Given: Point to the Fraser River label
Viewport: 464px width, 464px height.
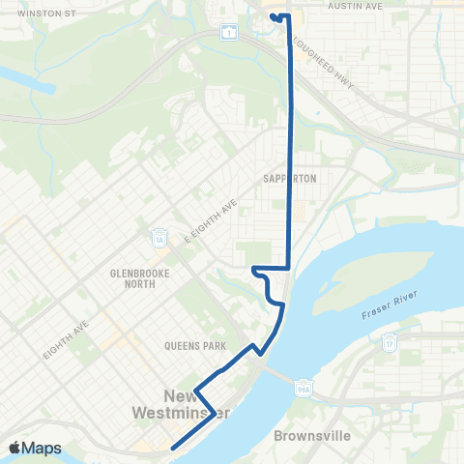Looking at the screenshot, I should point(388,310).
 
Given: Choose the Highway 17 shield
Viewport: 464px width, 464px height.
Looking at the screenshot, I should point(390,341).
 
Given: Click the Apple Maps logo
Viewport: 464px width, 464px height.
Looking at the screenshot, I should point(34,448).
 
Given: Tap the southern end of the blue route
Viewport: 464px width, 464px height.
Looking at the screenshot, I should point(172,448).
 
